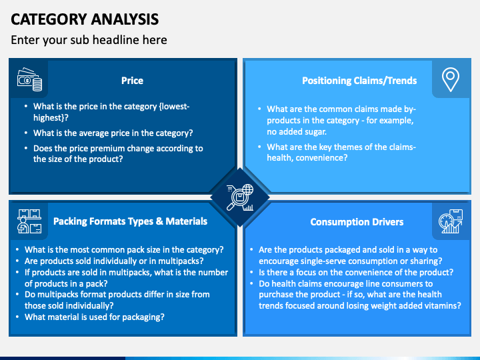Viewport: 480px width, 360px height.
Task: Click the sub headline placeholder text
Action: click(89, 40)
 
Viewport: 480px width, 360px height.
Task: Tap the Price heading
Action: click(132, 81)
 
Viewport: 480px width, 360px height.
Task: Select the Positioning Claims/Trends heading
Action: click(359, 81)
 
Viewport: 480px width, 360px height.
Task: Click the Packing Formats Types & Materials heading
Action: click(130, 221)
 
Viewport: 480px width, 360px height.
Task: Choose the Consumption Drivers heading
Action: click(357, 222)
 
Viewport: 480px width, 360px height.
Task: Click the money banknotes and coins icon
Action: click(29, 80)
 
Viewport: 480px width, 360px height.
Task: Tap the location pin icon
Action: click(451, 79)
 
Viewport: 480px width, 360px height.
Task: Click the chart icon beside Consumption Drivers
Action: click(450, 223)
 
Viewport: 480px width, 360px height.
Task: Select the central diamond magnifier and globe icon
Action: click(240, 197)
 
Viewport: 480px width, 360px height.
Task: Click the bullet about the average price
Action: click(113, 133)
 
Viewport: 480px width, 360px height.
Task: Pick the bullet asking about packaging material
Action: click(94, 317)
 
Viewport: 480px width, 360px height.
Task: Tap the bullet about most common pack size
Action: click(124, 250)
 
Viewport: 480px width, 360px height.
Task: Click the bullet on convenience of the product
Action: click(356, 272)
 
